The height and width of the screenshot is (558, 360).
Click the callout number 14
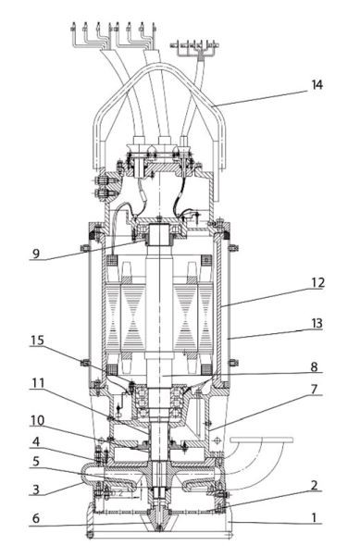[317, 85]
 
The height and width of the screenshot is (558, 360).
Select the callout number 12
[317, 282]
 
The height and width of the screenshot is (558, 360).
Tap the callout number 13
[317, 324]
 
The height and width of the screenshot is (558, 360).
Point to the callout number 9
[36, 254]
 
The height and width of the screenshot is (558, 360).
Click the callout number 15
[37, 341]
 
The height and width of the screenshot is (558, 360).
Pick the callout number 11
[38, 383]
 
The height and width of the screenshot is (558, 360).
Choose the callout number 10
[38, 421]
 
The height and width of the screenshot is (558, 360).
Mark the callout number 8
[314, 366]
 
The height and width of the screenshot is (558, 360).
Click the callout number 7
[314, 390]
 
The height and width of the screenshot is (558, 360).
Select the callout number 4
[36, 442]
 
